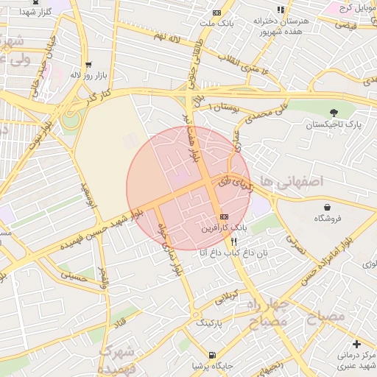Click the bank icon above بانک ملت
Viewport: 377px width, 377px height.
coord(216,13)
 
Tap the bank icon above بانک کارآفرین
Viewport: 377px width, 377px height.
coord(224,216)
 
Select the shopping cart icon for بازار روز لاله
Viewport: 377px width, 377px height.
coord(89,64)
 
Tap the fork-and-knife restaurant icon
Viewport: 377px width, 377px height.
coord(233,241)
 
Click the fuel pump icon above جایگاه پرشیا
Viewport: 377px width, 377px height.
coord(214,354)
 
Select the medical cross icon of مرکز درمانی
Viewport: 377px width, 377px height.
coord(356,344)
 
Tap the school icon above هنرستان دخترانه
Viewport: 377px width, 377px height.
coord(280,10)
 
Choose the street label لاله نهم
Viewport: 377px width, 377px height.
coord(167,37)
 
